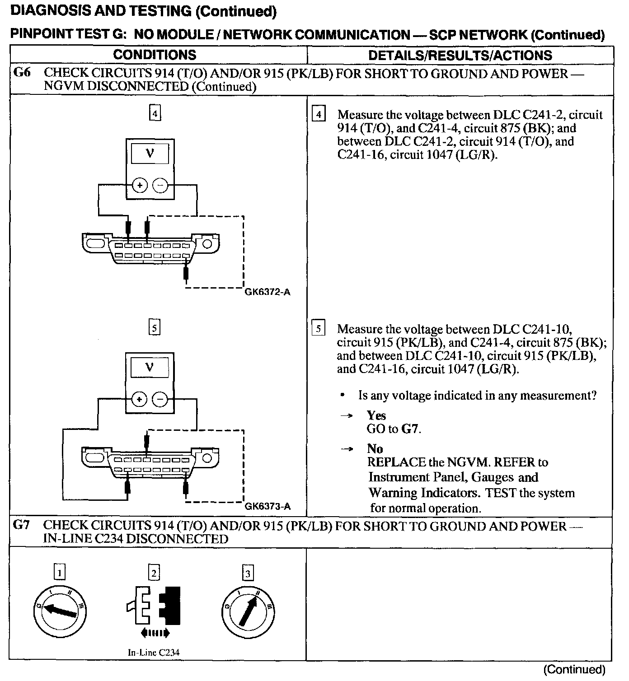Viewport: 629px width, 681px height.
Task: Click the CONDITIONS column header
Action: (x=155, y=55)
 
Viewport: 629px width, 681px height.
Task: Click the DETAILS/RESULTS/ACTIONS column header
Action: (x=460, y=56)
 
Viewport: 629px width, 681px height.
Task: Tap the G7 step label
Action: (x=22, y=525)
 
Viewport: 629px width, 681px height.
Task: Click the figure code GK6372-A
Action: (x=268, y=292)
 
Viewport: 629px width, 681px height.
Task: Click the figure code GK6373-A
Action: (x=268, y=506)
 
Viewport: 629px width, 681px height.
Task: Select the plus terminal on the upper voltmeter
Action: (x=140, y=185)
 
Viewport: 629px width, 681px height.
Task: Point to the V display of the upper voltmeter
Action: (x=150, y=154)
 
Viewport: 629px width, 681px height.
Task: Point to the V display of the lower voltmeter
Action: (x=150, y=368)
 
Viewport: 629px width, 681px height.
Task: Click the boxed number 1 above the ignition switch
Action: (x=59, y=573)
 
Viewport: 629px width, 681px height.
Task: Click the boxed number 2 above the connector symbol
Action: (x=154, y=573)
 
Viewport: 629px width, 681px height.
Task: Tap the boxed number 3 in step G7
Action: (x=248, y=574)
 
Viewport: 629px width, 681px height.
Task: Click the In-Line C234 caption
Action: (x=154, y=652)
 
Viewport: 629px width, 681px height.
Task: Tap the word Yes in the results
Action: (x=376, y=415)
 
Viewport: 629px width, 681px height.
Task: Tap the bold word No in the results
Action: (x=375, y=449)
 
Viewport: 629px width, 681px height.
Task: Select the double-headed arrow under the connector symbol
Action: (x=155, y=633)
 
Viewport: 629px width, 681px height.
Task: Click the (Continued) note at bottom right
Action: (x=574, y=669)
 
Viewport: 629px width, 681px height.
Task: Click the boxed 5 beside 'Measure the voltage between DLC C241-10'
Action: (x=319, y=329)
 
